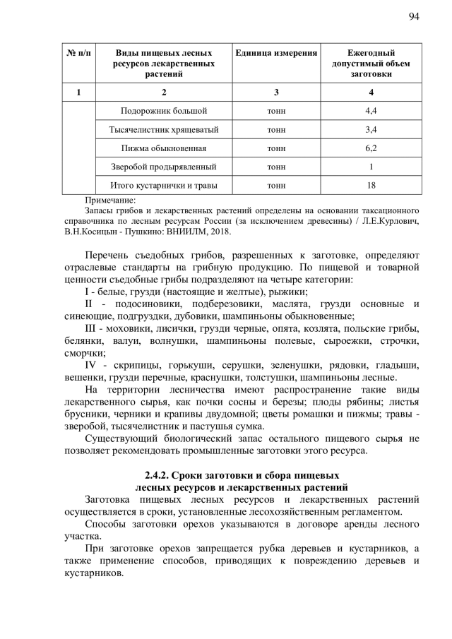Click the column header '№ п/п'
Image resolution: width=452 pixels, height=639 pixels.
78,54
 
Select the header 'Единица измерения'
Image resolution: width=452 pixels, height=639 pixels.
276,54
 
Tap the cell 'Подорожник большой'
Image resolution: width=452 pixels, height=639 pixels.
164,112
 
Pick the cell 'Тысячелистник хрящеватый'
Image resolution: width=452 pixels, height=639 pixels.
164,130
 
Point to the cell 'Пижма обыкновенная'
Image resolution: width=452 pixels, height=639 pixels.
164,148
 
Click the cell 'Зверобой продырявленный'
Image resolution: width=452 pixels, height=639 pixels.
164,167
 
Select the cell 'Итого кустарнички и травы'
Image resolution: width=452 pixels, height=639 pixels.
164,186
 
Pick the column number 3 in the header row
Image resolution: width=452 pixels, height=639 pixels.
276,92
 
